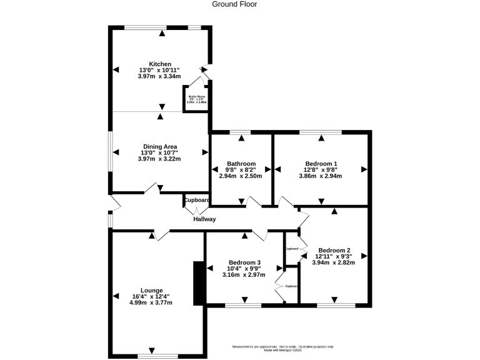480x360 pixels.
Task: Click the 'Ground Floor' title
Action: tap(234, 4)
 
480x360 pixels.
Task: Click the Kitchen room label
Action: tap(159, 64)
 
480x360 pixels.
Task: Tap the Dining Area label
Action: tap(159, 147)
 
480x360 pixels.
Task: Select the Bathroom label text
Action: tap(241, 163)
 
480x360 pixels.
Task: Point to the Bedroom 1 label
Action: tap(321, 163)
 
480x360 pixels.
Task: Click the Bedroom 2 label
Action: tap(333, 249)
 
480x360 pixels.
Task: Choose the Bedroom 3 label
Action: tap(244, 262)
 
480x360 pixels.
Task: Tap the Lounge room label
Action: tap(151, 290)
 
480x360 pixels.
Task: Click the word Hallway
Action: tap(204, 219)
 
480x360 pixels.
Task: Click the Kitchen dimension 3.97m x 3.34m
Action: tap(159, 77)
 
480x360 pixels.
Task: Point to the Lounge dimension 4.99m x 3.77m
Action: tap(151, 302)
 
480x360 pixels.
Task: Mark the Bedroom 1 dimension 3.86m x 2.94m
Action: tap(321, 176)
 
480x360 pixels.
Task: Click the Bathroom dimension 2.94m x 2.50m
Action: tap(241, 176)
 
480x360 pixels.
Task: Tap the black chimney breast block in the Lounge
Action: tap(199, 283)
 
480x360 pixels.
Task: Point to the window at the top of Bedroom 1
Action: tap(321, 132)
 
